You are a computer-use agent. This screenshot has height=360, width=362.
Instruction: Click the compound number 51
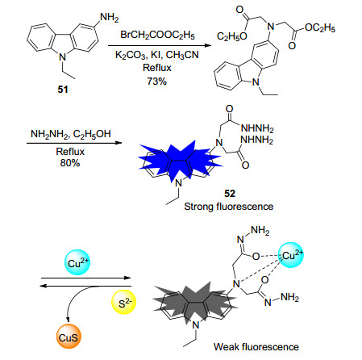click(63, 89)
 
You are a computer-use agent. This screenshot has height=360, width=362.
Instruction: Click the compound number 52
click(230, 194)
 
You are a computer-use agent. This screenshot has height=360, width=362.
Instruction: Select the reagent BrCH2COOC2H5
click(157, 35)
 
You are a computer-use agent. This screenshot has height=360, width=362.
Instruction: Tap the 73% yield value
click(157, 81)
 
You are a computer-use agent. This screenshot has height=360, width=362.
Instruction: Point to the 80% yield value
click(70, 163)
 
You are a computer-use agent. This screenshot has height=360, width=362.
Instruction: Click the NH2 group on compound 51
click(110, 18)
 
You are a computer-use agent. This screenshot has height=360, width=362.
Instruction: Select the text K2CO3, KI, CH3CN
click(157, 55)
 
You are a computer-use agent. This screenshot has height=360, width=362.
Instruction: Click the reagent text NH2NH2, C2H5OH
click(71, 134)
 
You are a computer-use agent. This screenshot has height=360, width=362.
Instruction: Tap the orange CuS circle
click(69, 337)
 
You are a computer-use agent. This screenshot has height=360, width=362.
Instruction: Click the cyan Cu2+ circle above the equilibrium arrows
click(77, 262)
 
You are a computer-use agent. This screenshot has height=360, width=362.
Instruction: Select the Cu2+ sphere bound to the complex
click(291, 255)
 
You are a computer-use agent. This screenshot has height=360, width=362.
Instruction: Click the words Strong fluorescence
click(229, 207)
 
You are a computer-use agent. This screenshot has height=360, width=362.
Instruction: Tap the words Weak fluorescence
click(256, 346)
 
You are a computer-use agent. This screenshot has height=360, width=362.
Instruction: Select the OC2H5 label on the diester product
click(320, 27)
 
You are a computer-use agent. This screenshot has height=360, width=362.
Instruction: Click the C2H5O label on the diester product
click(232, 36)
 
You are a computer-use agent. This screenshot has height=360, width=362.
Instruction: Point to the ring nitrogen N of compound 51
click(62, 57)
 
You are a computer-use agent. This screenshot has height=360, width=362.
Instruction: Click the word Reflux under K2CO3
click(157, 68)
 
